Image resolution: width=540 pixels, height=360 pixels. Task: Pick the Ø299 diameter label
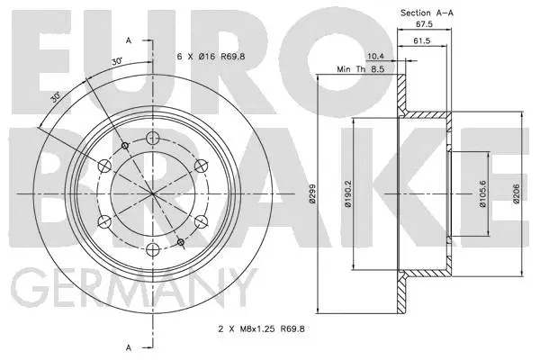pos(310,195)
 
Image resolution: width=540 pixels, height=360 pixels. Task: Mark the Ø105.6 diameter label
pos(483,195)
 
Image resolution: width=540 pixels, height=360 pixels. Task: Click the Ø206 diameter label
pos(517,195)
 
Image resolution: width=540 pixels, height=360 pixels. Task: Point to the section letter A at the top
pos(130,41)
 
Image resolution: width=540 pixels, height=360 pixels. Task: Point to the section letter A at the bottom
pos(130,347)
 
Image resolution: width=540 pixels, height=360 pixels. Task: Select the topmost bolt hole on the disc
pos(152,137)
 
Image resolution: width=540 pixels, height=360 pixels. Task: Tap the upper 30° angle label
pos(115,60)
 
